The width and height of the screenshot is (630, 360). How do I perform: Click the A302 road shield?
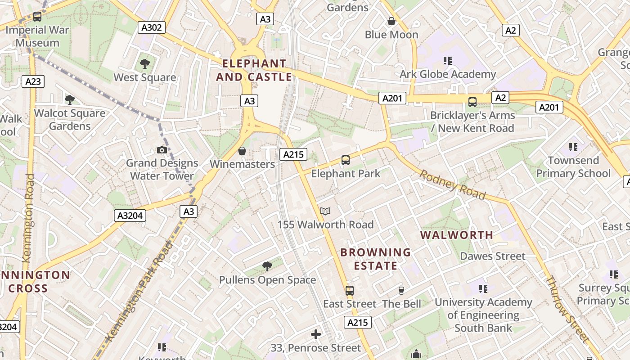(x=151, y=27)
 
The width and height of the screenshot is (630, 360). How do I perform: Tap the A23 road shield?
(x=33, y=81)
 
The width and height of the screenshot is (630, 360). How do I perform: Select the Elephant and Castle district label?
(x=254, y=70)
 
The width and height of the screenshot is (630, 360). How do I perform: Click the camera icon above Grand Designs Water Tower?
(x=162, y=150)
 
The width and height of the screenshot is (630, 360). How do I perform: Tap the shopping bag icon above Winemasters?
(x=242, y=151)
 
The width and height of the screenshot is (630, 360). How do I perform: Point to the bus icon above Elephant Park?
(x=346, y=160)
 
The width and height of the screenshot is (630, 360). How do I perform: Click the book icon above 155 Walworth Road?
(x=325, y=211)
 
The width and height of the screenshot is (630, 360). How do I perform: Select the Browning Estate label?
(x=376, y=259)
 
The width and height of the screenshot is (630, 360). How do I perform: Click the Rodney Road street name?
(x=453, y=184)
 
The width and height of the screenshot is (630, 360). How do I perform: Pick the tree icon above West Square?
(x=144, y=64)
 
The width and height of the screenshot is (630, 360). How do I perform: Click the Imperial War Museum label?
(x=38, y=36)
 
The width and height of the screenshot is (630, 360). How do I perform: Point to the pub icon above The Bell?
(x=401, y=290)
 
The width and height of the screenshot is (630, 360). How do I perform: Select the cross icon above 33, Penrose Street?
(x=316, y=334)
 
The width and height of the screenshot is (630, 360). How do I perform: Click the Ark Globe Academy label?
(x=448, y=74)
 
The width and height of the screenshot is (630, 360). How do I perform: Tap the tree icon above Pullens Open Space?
(x=267, y=266)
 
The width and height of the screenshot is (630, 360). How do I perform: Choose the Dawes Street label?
(x=492, y=256)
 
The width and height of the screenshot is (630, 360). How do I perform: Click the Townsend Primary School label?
(x=573, y=167)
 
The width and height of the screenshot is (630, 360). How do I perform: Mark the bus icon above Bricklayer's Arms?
(x=472, y=102)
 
